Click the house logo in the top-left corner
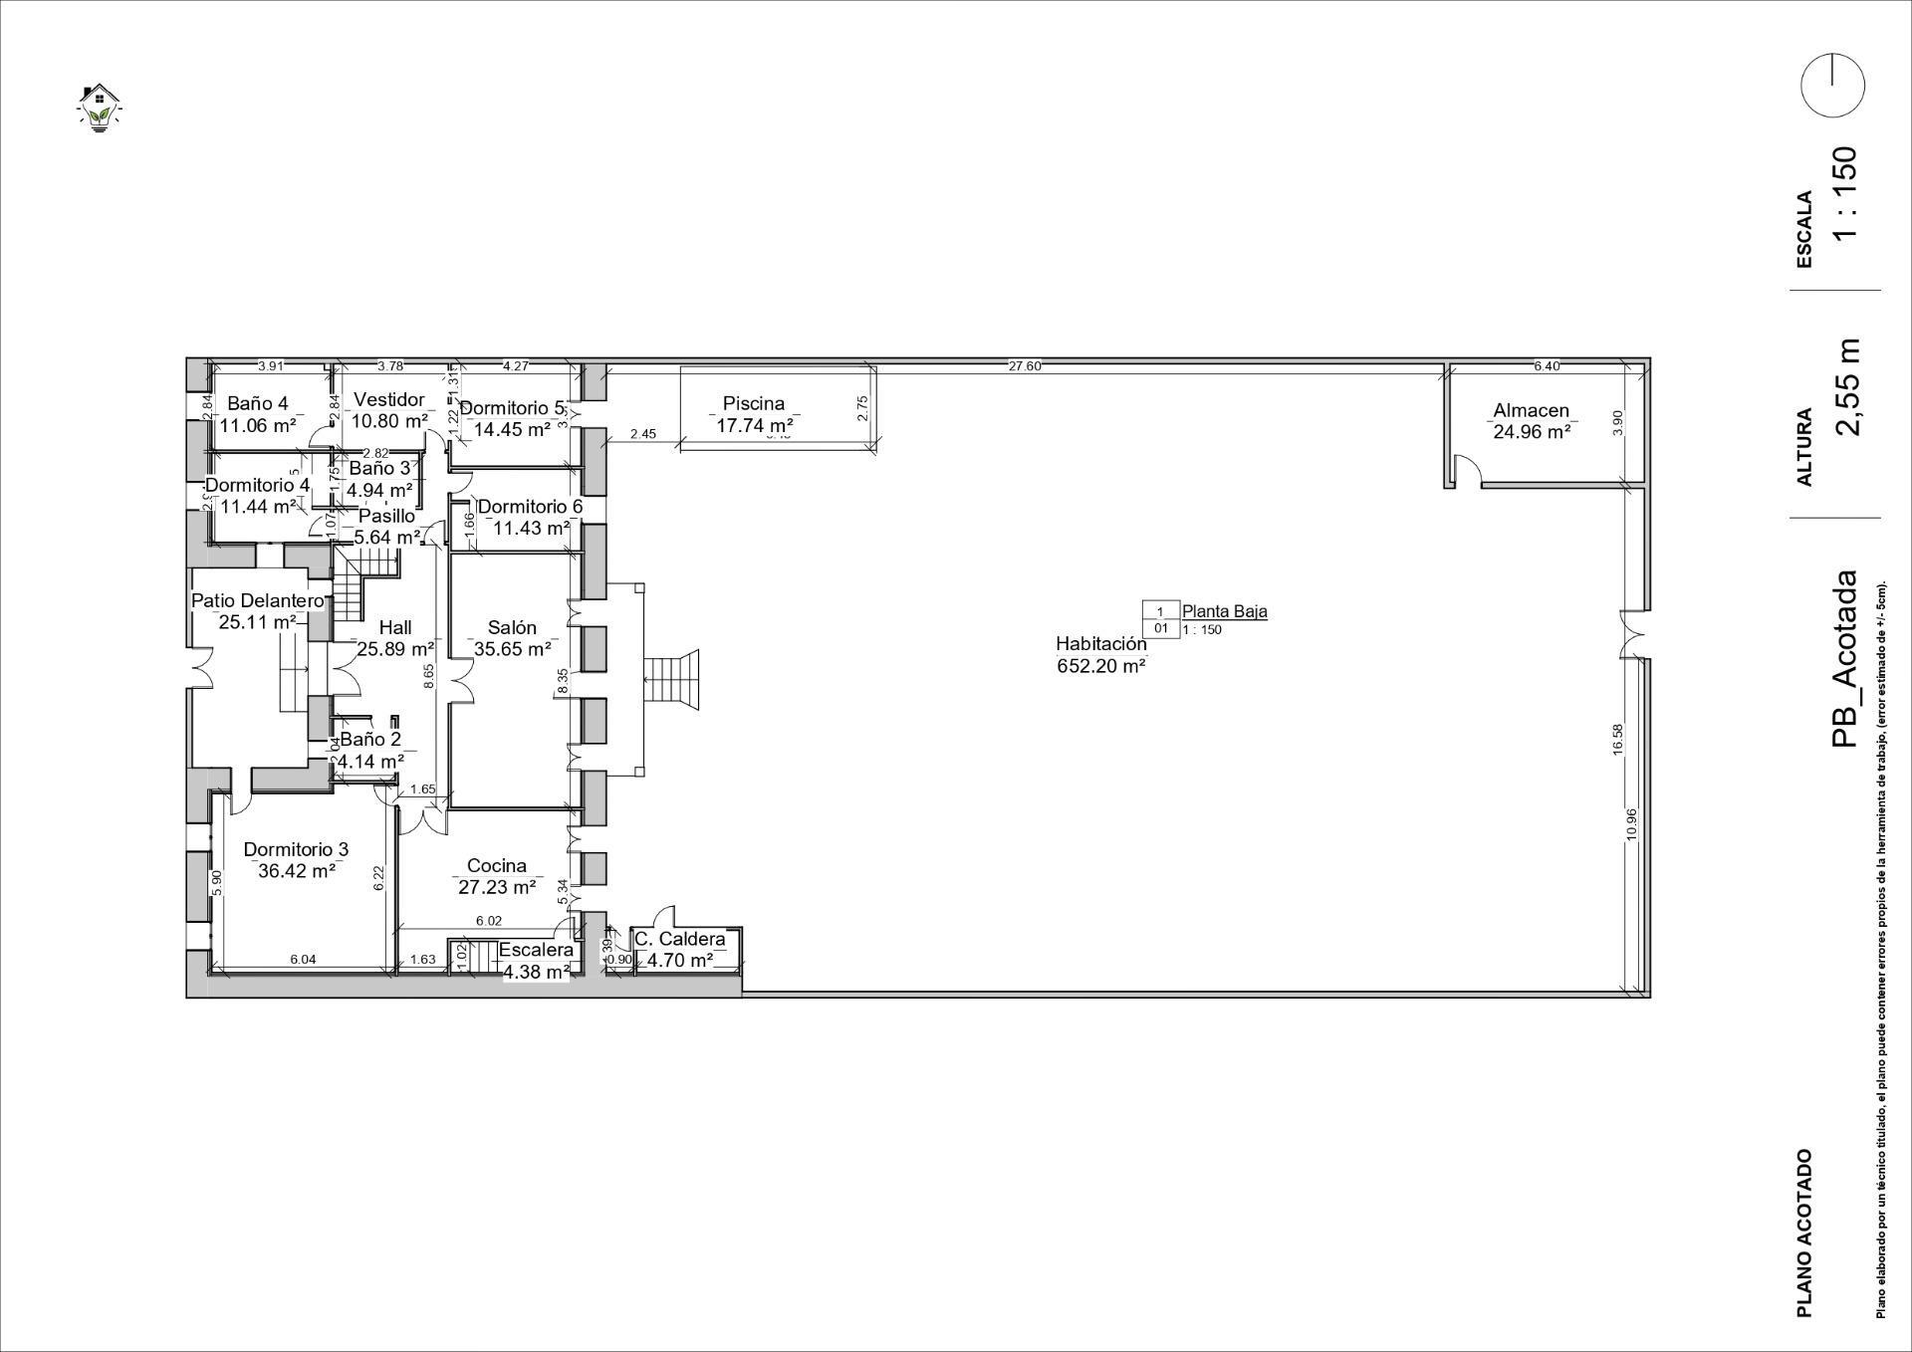(x=98, y=108)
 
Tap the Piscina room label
(x=754, y=403)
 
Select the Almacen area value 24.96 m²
(x=1532, y=432)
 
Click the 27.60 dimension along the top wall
(x=1025, y=366)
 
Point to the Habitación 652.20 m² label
(x=1101, y=655)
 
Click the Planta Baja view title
(x=1225, y=611)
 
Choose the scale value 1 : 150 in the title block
(x=1845, y=192)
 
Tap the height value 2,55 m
(x=1847, y=387)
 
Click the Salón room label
(x=512, y=627)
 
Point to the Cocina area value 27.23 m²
(x=497, y=887)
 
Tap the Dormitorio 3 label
(x=296, y=849)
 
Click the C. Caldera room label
(x=680, y=939)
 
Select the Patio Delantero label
(x=257, y=601)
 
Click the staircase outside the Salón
(x=674, y=681)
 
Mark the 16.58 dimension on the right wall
(x=1618, y=739)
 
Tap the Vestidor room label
(x=389, y=399)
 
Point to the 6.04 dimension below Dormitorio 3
(x=303, y=960)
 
